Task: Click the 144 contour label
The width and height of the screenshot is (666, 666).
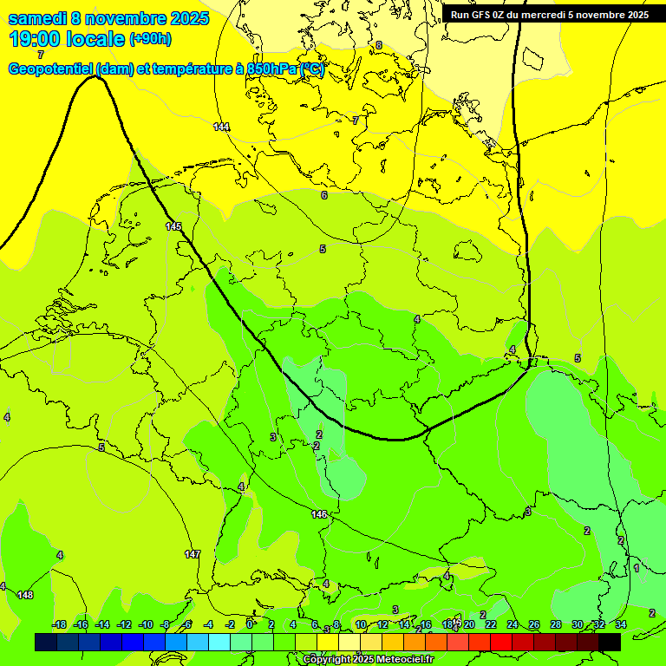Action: (x=222, y=127)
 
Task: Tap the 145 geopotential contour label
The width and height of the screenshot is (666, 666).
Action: (x=174, y=226)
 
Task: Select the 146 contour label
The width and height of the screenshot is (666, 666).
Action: (x=319, y=514)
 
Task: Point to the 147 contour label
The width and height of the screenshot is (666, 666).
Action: (x=193, y=553)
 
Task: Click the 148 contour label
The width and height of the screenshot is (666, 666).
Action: (x=25, y=595)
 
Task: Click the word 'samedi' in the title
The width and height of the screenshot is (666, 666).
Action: (x=36, y=18)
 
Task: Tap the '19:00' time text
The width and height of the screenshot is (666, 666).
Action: (x=36, y=39)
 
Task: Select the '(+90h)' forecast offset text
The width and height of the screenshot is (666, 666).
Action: (x=150, y=39)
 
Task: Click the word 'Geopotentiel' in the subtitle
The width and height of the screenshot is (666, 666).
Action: (x=50, y=69)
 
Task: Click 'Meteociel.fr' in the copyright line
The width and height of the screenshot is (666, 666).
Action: (x=401, y=660)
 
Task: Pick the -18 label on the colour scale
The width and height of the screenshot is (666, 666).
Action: (x=59, y=624)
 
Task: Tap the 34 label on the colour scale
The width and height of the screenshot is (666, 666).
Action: (x=621, y=624)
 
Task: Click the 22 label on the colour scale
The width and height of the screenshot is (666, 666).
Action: (x=490, y=624)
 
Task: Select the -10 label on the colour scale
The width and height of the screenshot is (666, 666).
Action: (x=146, y=624)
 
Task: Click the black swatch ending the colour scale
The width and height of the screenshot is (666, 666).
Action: (x=609, y=642)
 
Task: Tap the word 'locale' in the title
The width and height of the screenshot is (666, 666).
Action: (x=96, y=39)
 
